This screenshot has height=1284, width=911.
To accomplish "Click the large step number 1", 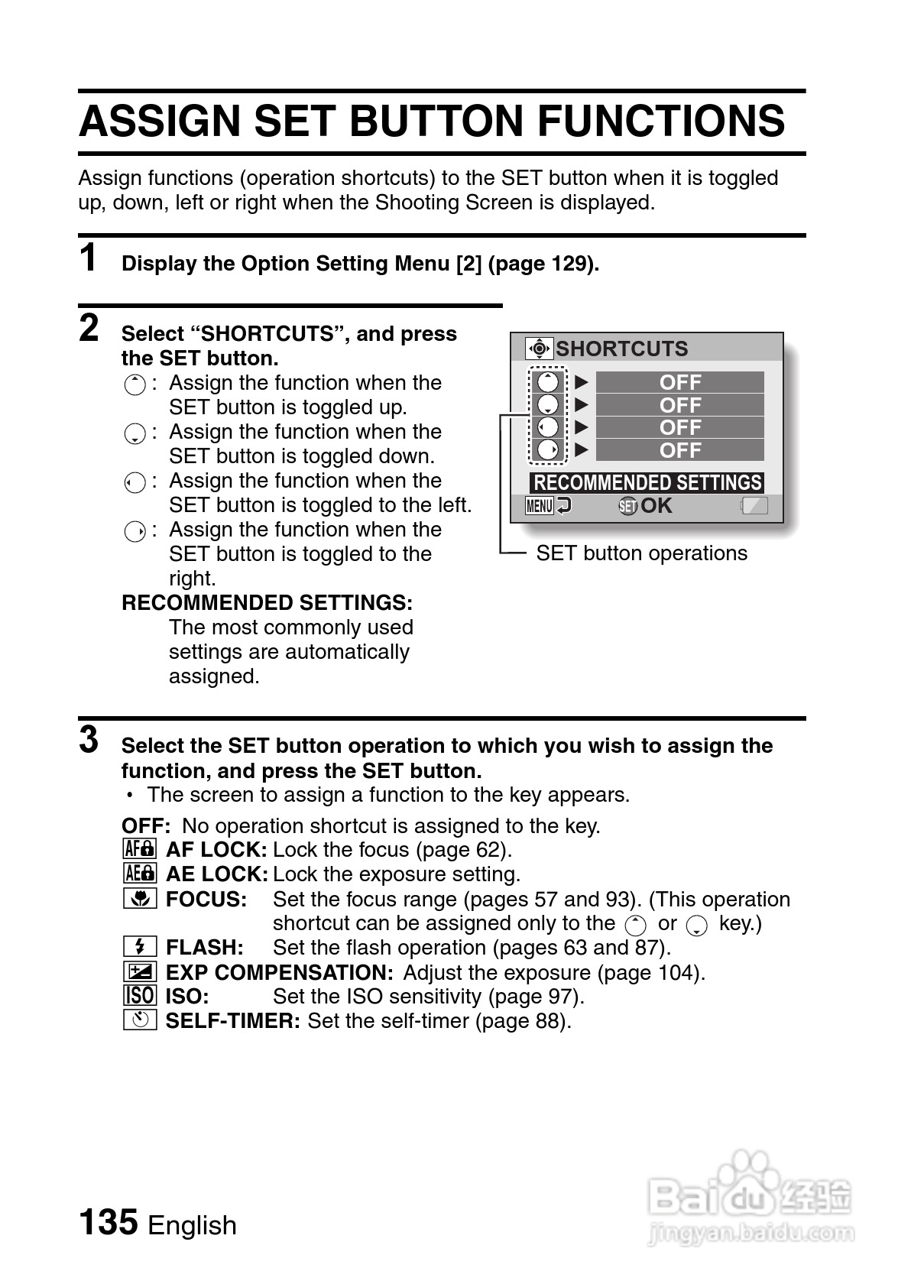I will click(89, 258).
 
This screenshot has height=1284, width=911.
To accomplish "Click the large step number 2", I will click(89, 329).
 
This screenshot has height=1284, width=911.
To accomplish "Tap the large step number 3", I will click(89, 740).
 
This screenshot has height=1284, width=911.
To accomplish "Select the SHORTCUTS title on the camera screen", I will click(621, 349).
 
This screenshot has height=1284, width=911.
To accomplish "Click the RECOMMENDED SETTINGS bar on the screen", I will click(647, 482).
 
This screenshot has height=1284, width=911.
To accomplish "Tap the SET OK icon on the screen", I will click(645, 506).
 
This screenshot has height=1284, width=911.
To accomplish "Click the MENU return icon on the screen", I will click(548, 506).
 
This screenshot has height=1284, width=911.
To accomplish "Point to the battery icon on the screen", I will click(754, 506).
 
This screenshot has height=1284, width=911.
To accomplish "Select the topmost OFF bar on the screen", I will click(679, 382).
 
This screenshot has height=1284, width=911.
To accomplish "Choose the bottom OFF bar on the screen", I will click(679, 450).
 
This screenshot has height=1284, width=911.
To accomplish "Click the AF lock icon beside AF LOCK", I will click(139, 849).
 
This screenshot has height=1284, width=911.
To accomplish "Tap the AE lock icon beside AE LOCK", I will click(139, 874).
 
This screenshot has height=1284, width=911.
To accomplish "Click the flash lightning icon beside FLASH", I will click(139, 947).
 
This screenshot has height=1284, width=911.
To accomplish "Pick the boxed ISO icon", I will click(139, 996).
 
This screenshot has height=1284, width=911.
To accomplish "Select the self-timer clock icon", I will click(139, 1020).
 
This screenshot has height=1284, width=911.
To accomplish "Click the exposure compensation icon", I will click(139, 972).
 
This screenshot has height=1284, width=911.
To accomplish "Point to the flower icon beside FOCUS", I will click(139, 899).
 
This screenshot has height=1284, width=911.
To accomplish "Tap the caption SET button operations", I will click(641, 553).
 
